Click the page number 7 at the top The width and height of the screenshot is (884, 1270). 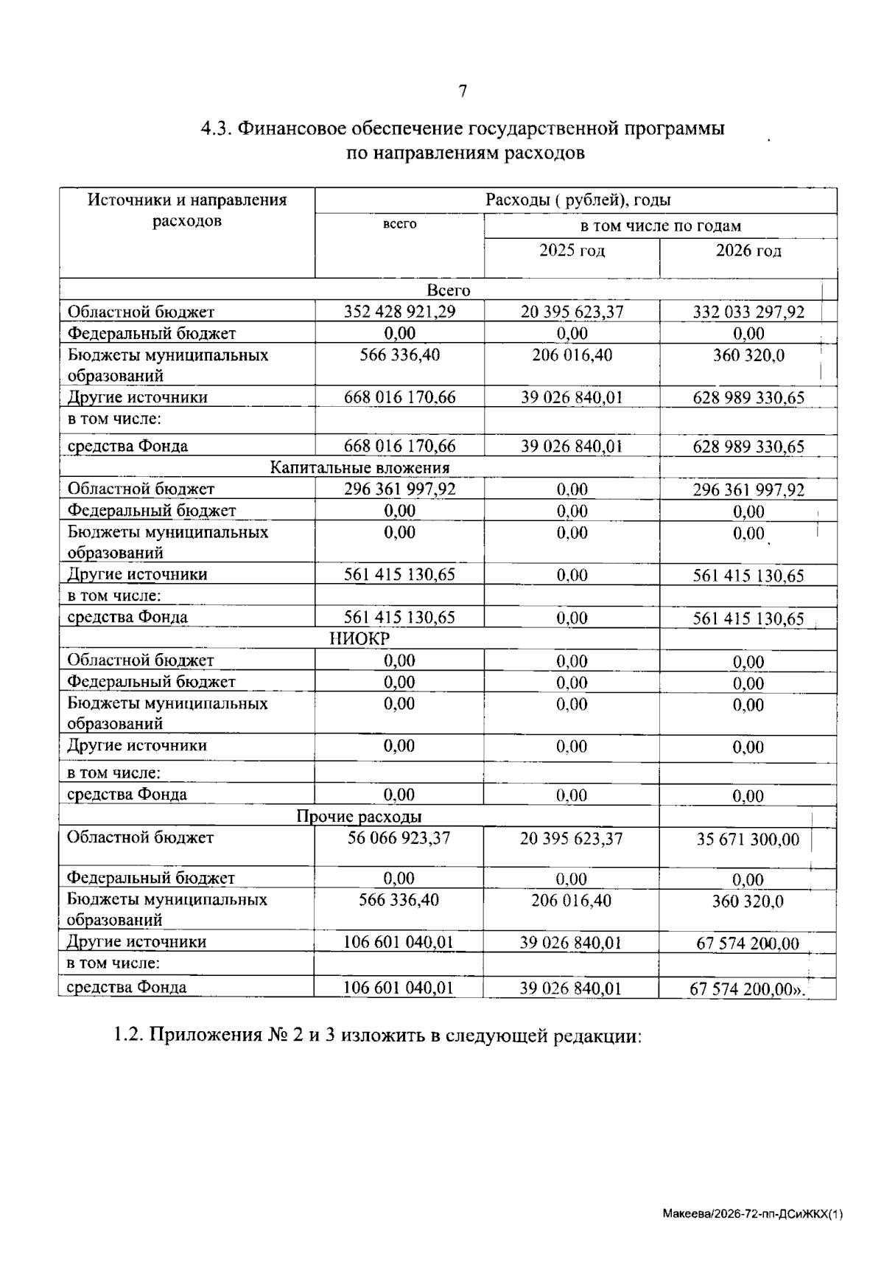pyautogui.click(x=463, y=91)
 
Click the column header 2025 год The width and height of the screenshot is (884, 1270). pyautogui.click(x=572, y=251)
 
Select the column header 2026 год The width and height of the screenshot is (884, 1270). pyautogui.click(x=748, y=251)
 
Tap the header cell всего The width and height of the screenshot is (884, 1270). pyautogui.click(x=400, y=224)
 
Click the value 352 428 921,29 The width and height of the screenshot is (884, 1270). pyautogui.click(x=400, y=312)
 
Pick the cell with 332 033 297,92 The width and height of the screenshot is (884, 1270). pyautogui.click(x=748, y=313)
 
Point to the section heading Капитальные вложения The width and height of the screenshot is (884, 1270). pyautogui.click(x=359, y=467)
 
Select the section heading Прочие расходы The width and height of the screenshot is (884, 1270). pyautogui.click(x=359, y=816)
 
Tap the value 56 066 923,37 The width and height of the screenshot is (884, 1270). pyautogui.click(x=399, y=838)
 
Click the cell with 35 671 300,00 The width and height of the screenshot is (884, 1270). pyautogui.click(x=748, y=840)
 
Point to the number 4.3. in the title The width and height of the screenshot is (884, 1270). pyautogui.click(x=217, y=129)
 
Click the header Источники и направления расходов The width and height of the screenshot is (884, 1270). pyautogui.click(x=187, y=210)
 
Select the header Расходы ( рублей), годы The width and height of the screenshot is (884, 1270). pyautogui.click(x=578, y=200)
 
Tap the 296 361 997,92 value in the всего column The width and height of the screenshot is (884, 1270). pyautogui.click(x=400, y=489)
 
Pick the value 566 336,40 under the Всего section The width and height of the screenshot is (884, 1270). pyautogui.click(x=400, y=355)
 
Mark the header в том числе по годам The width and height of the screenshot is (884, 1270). pyautogui.click(x=660, y=226)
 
